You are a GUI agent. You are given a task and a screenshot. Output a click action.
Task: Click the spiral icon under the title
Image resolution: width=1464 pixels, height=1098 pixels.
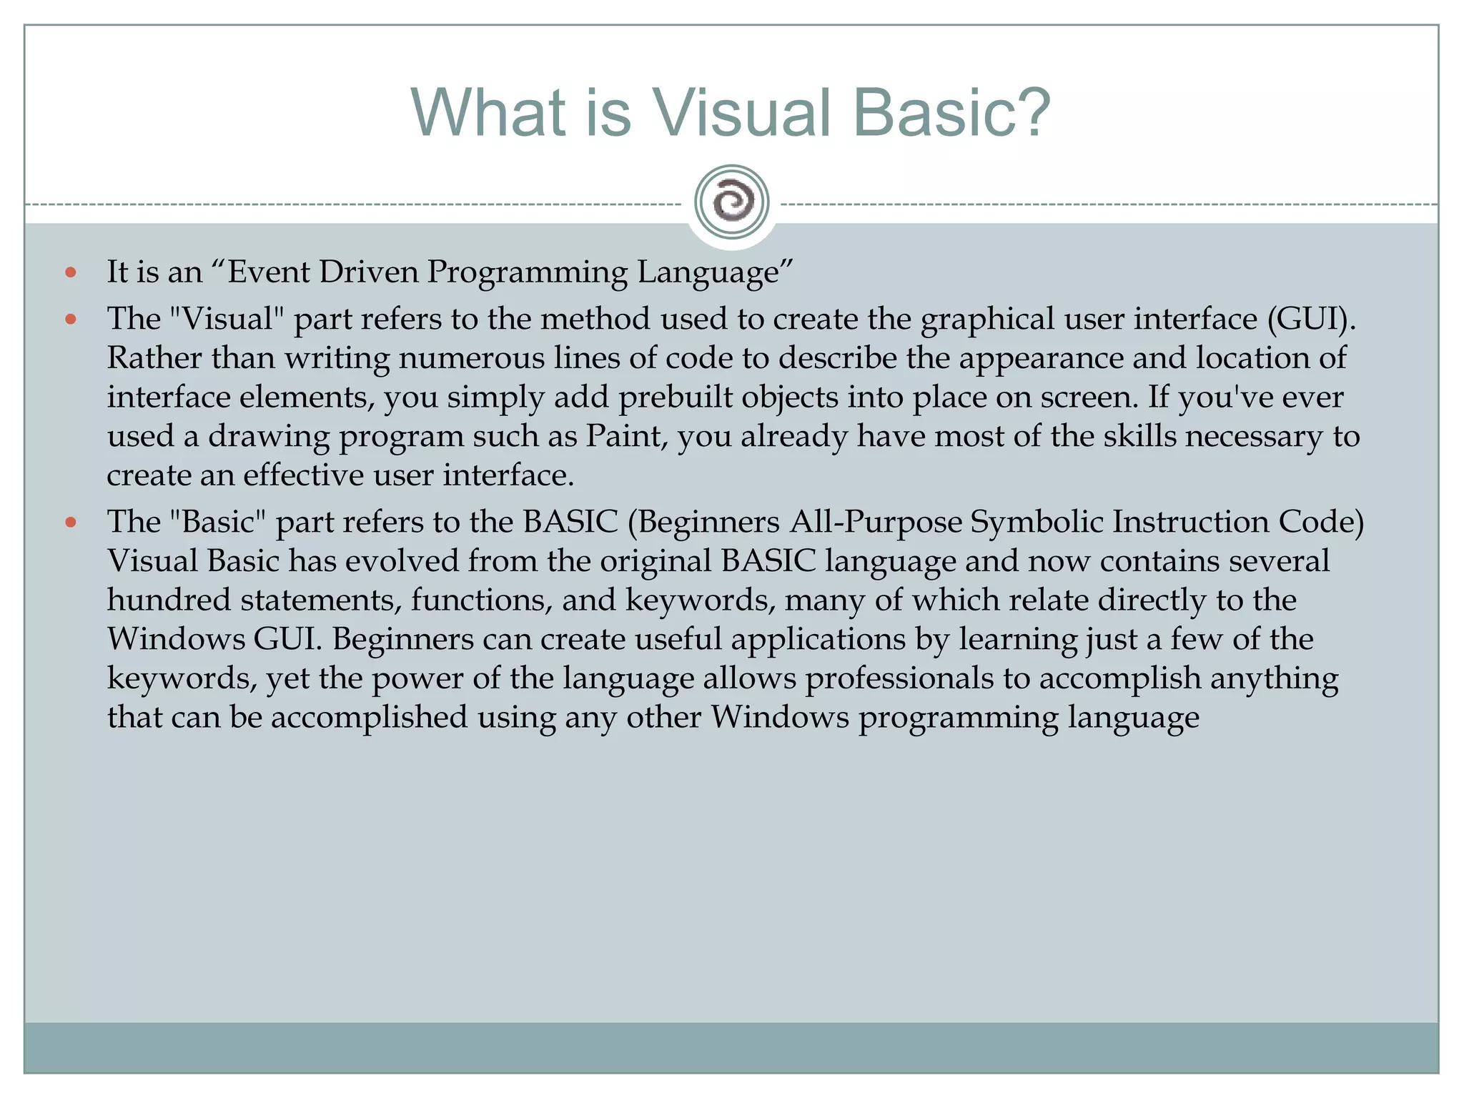(x=731, y=202)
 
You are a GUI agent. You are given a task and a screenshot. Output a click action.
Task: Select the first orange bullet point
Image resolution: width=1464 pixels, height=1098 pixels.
(x=70, y=272)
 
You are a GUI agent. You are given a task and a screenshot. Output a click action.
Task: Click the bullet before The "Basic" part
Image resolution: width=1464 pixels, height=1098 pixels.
(x=70, y=523)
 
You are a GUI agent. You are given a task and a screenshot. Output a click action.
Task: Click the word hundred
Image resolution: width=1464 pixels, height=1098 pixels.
(x=169, y=600)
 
